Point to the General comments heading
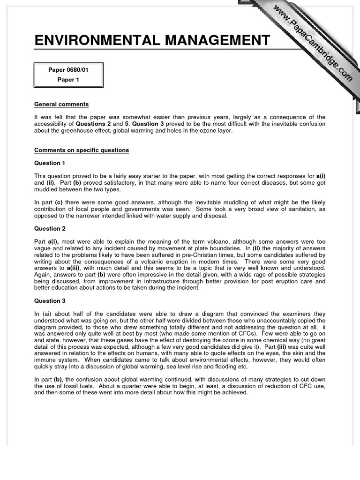click(x=61, y=104)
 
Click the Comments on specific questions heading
click(x=81, y=150)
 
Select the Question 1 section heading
click(x=50, y=163)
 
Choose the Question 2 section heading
click(x=50, y=229)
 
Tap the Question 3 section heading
click(x=50, y=301)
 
